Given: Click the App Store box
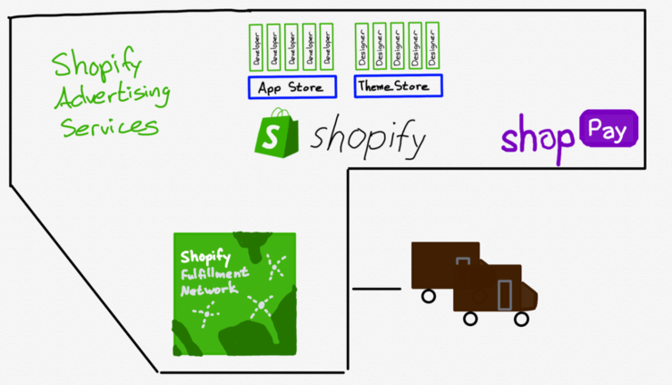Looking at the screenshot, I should tap(292, 87).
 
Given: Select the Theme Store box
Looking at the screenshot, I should tap(399, 87).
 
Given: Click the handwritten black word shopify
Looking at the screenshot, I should tap(368, 139).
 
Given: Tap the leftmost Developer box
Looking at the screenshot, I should tap(255, 46).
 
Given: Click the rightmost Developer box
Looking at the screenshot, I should tap(327, 46).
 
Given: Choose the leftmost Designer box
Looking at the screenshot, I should tap(362, 46).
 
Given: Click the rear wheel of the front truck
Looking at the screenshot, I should tap(470, 319).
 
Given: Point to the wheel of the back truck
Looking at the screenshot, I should tap(427, 295).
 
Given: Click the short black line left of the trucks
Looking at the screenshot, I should tap(376, 290).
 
